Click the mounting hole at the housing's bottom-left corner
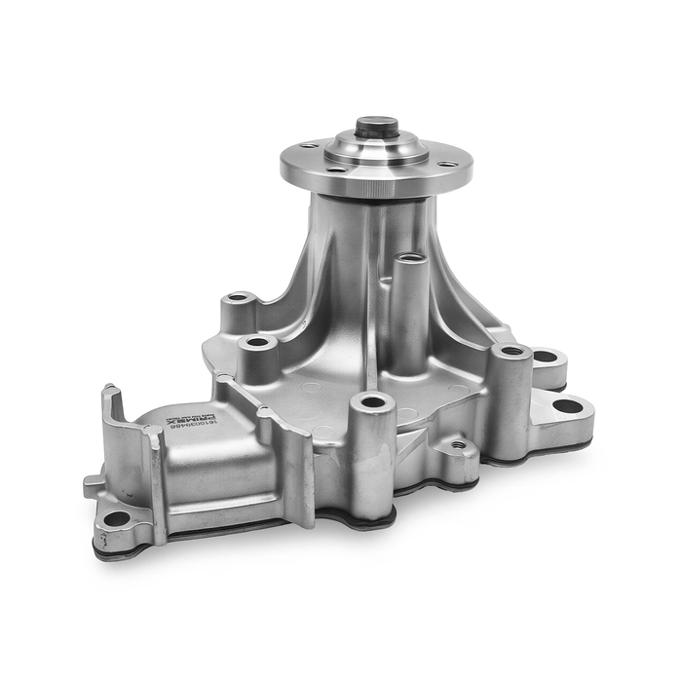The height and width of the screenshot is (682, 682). [x=116, y=518]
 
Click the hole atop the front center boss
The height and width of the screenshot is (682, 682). [x=372, y=400]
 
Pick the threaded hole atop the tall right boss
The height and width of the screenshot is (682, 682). [x=511, y=350]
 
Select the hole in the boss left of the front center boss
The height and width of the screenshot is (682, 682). [x=258, y=342]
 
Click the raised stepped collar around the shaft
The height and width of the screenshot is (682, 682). [x=376, y=148]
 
